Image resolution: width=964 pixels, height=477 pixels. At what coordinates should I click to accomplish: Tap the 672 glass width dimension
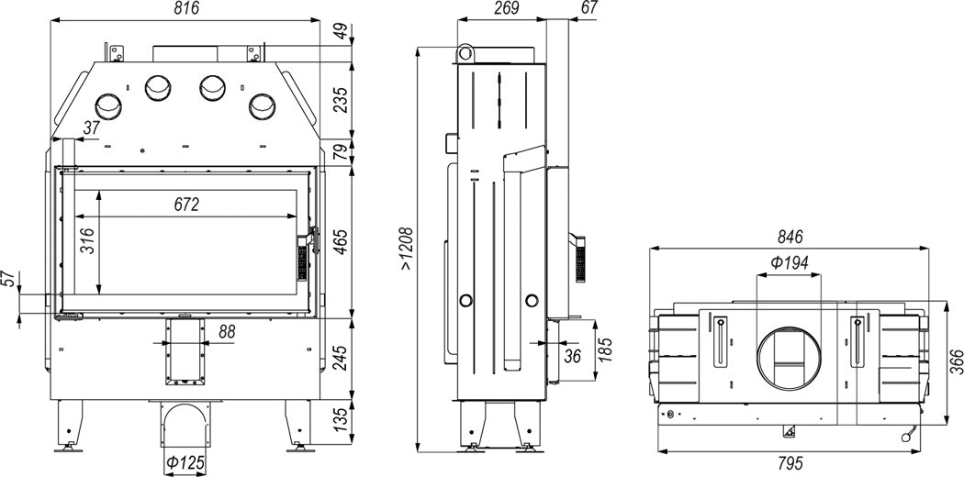pos(186,205)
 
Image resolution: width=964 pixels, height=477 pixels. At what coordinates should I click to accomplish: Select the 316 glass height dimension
pos(87,241)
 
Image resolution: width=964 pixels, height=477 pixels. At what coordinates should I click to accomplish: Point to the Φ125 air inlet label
pos(184,462)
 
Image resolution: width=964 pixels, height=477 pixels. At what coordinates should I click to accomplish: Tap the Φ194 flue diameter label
pos(789,263)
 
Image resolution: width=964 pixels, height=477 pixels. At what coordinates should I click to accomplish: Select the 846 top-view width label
pos(790,237)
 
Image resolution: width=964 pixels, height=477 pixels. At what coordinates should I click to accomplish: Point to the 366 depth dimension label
pos(956,362)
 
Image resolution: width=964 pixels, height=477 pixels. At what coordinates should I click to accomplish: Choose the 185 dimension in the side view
pos(606,349)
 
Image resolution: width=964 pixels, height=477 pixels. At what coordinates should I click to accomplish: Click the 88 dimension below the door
pos(227,331)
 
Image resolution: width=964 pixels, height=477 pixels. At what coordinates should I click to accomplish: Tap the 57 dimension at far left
pos(8,280)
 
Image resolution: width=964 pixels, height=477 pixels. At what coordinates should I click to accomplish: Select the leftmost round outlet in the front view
pos(108,107)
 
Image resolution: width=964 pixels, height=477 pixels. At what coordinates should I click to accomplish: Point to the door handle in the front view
pos(316,239)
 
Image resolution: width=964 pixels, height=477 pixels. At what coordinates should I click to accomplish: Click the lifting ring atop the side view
pos(465,53)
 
